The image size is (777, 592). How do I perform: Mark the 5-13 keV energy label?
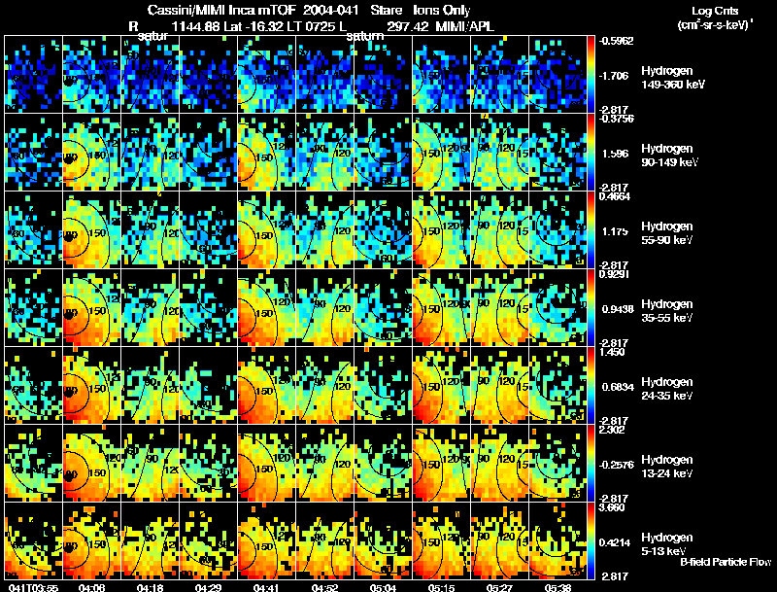(x=664, y=551)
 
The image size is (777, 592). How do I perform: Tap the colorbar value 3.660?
(x=616, y=507)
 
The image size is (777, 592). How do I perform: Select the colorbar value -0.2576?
(x=618, y=464)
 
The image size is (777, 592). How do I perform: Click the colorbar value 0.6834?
(x=618, y=386)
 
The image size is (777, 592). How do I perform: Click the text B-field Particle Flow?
(x=725, y=563)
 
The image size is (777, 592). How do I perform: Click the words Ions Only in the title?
(x=443, y=10)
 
